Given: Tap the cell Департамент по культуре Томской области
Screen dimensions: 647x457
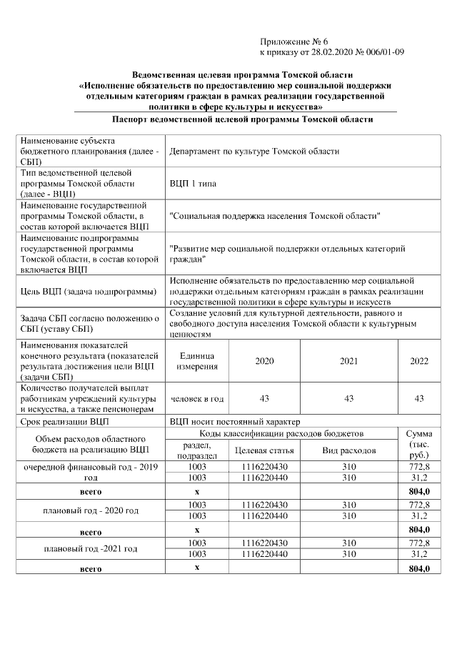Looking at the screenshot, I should coord(254,152).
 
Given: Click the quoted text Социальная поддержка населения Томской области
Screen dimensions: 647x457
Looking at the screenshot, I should coord(275,216).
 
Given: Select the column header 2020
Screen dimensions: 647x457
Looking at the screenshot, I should coord(264,361).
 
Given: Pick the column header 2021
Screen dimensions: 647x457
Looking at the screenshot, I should coord(348,361).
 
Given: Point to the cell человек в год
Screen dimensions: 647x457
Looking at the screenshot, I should coord(198,399).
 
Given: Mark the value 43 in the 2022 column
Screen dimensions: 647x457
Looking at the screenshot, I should coord(419,399).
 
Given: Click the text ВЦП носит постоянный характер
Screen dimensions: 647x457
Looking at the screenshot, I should coord(235,422).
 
